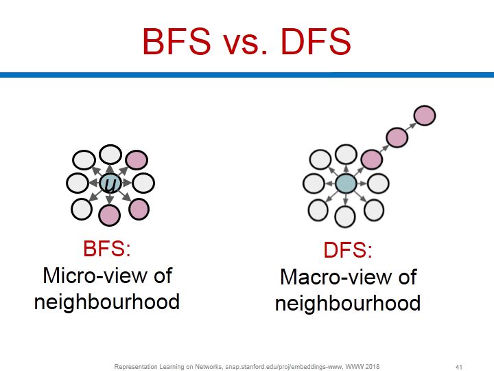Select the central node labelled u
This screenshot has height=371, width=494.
[110, 183]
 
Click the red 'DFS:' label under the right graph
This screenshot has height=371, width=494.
[348, 251]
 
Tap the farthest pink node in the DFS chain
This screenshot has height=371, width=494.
[425, 115]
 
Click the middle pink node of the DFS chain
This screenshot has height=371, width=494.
[397, 137]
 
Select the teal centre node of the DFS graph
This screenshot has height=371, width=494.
[346, 183]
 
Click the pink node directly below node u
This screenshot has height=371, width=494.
[110, 215]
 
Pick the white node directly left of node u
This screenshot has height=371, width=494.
[78, 183]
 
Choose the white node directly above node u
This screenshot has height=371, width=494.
[110, 155]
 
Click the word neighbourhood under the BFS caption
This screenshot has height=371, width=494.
[106, 302]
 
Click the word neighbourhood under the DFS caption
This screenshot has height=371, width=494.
[348, 303]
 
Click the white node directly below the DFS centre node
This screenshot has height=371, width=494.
[346, 215]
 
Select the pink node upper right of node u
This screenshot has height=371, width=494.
[136, 160]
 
